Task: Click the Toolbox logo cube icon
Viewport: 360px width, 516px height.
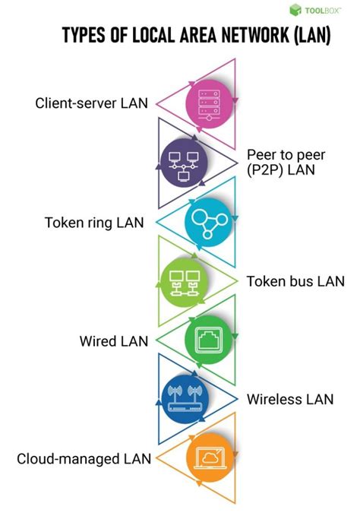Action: [x=295, y=10]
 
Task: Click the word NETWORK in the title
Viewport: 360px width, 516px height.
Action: [x=244, y=36]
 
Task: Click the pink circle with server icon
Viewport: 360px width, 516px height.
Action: [x=208, y=102]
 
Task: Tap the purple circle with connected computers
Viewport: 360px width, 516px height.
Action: [x=183, y=161]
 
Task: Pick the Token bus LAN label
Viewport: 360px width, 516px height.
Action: [x=295, y=281]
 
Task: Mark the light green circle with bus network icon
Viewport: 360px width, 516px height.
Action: [x=183, y=281]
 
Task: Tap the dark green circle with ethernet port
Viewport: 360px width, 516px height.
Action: [x=208, y=340]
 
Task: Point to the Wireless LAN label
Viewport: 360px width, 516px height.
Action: [x=289, y=400]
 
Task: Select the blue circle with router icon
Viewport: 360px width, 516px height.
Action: [x=183, y=400]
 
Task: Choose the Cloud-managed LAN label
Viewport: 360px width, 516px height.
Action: [x=84, y=458]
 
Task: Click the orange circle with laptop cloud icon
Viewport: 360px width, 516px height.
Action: [x=208, y=458]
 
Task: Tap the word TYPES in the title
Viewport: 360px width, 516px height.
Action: [x=84, y=36]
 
